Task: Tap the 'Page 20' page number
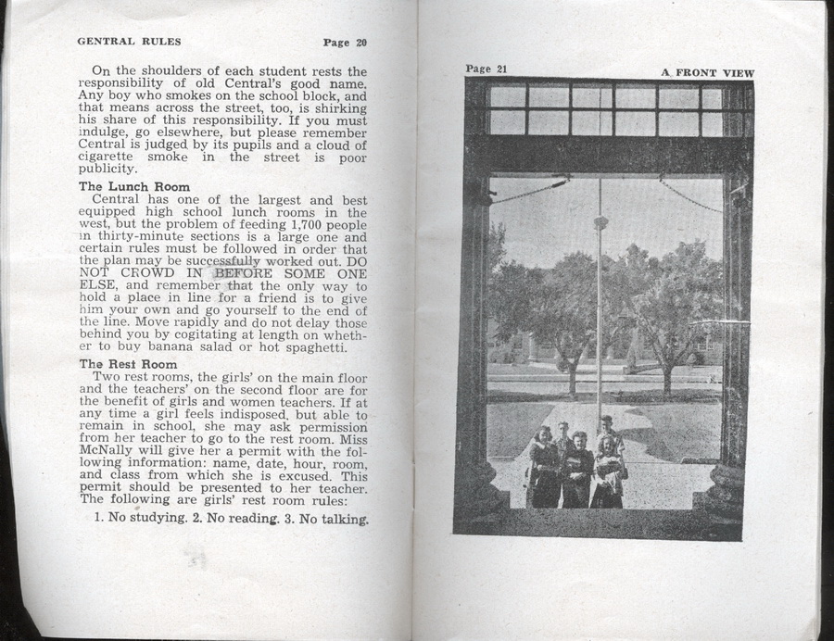coord(345,42)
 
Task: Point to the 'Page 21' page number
coord(486,69)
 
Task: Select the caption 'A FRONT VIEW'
coord(708,72)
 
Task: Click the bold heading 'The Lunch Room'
coord(134,186)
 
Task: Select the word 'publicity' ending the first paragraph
coord(107,170)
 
